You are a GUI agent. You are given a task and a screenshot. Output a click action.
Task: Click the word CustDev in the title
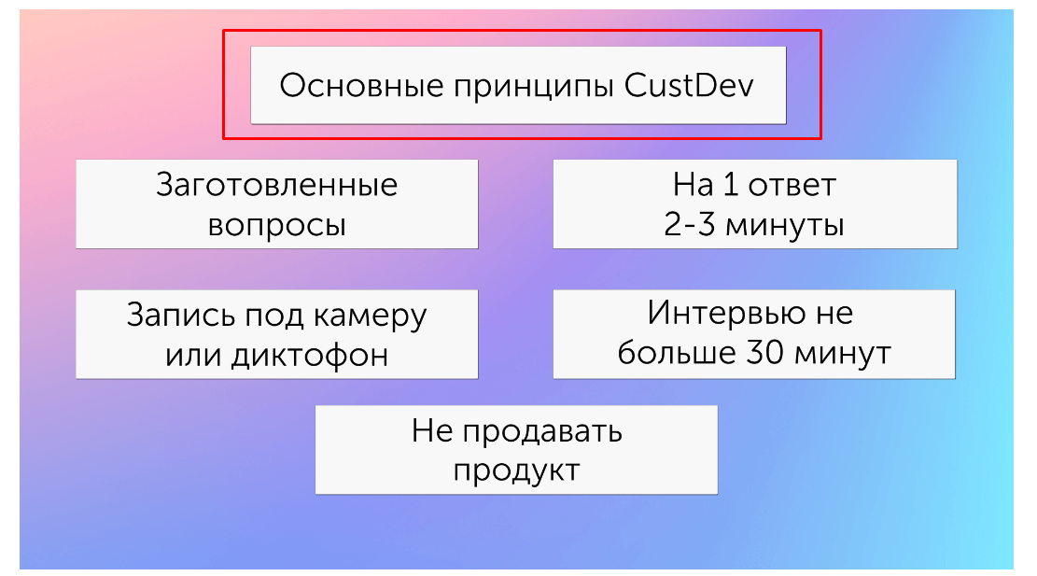click(x=689, y=85)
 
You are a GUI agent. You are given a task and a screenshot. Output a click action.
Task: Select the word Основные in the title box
click(x=361, y=85)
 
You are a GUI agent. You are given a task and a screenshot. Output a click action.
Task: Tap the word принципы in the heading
click(x=533, y=88)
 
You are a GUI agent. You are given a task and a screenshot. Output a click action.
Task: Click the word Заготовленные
click(x=276, y=185)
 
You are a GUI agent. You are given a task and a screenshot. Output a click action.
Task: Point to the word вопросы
click(x=276, y=226)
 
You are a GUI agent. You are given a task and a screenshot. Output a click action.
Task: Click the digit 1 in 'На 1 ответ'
click(x=730, y=185)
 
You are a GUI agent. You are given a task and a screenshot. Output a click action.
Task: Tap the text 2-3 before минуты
click(x=689, y=224)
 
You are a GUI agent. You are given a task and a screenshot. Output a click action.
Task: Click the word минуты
click(x=785, y=227)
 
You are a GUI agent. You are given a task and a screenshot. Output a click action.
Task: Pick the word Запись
click(x=180, y=315)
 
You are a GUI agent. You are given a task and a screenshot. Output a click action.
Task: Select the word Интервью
click(x=726, y=312)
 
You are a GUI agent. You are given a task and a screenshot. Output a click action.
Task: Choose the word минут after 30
click(x=843, y=355)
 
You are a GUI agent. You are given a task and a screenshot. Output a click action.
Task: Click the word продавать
click(x=542, y=433)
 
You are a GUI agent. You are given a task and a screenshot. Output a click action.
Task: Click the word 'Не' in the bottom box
click(x=432, y=430)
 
